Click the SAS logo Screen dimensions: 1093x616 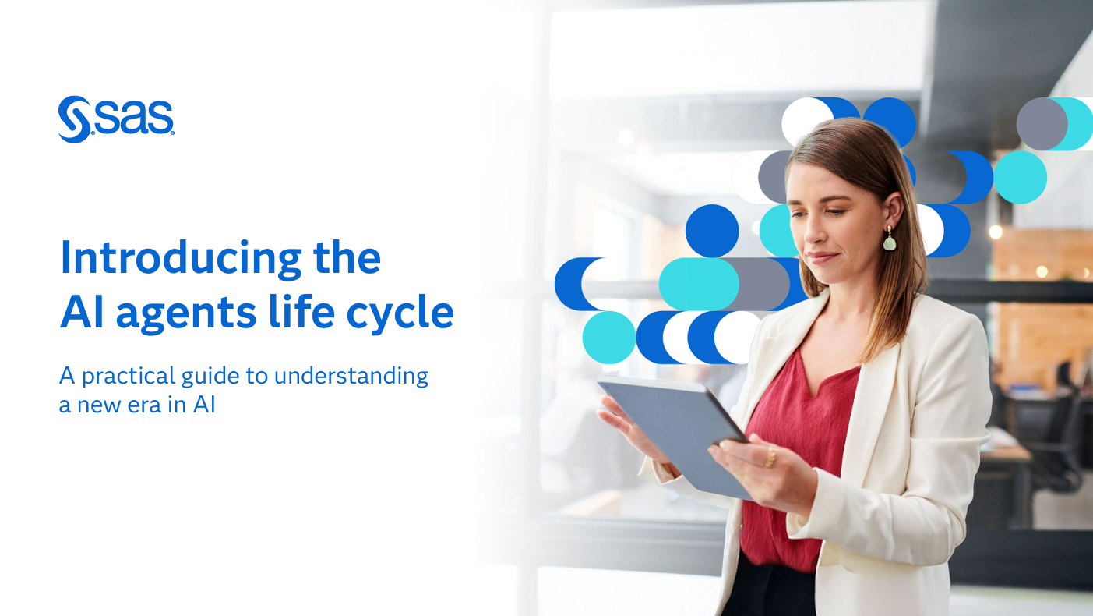(116, 119)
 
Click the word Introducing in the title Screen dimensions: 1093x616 (181, 260)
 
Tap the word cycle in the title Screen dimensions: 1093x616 (400, 313)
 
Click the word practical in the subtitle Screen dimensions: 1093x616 (129, 377)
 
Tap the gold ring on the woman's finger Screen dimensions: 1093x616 (770, 458)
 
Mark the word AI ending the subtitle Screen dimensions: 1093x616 (204, 405)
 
